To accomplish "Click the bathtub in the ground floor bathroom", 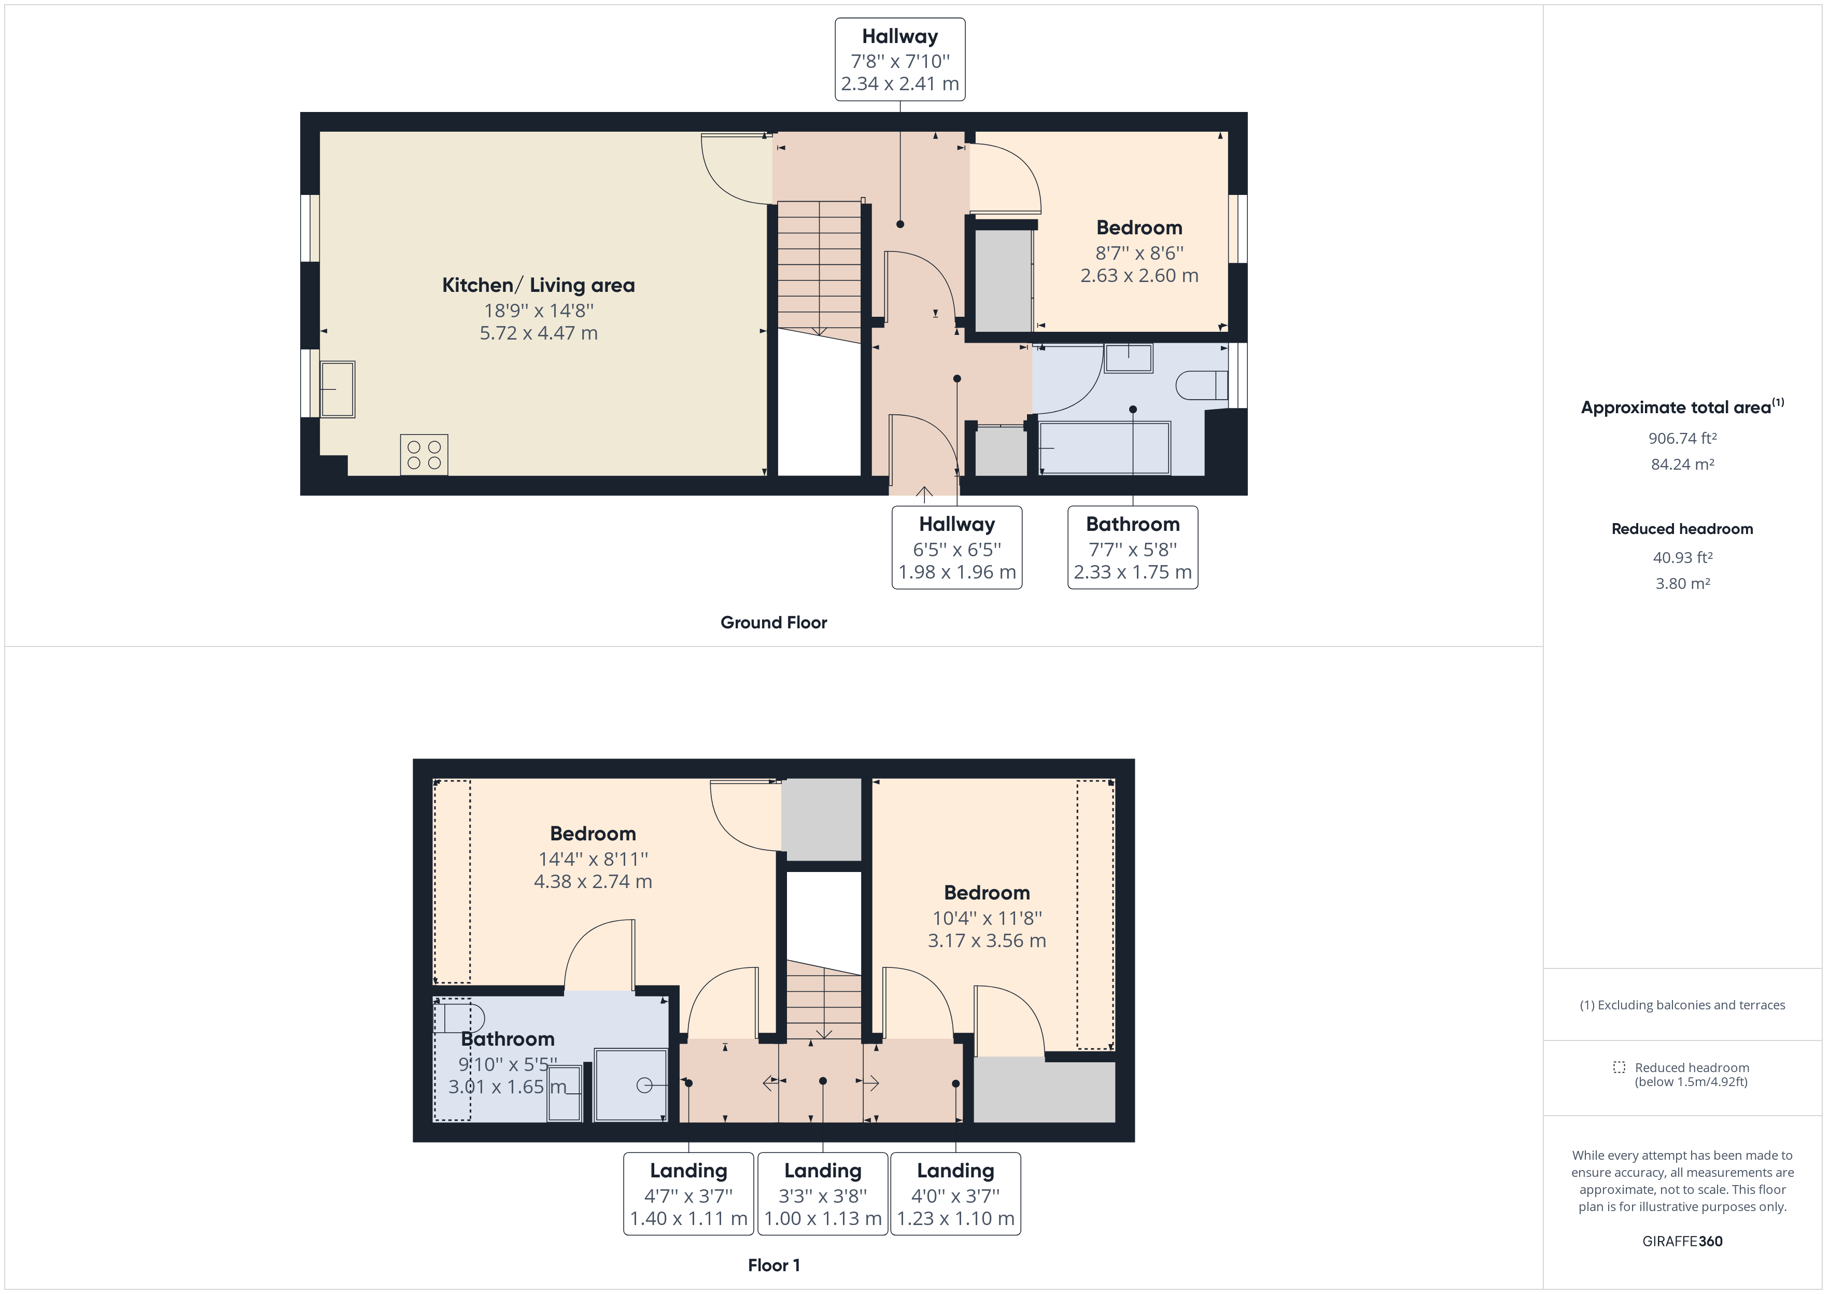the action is pyautogui.click(x=1105, y=448).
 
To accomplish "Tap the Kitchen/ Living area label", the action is pyautogui.click(x=539, y=285).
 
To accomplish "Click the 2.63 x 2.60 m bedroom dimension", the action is pyautogui.click(x=1139, y=276).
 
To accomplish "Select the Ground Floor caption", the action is pyautogui.click(x=773, y=622).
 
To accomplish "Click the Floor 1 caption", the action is pyautogui.click(x=773, y=1265).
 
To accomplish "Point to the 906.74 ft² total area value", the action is pyautogui.click(x=1682, y=438).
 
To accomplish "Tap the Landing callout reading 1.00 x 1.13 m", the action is pyautogui.click(x=823, y=1193).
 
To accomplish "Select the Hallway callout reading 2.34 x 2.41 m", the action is pyautogui.click(x=900, y=60).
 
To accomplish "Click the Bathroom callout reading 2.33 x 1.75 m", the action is pyautogui.click(x=1133, y=547).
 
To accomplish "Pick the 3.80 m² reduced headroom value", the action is pyautogui.click(x=1682, y=583).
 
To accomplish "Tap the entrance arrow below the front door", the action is pyautogui.click(x=924, y=495).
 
